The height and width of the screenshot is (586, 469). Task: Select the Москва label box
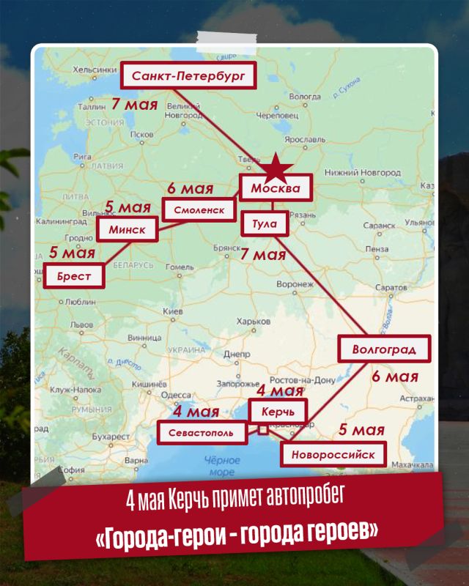point(276,188)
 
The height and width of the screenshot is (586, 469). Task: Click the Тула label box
point(265,223)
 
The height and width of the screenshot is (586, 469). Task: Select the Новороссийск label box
point(333,454)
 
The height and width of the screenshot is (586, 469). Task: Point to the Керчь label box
point(278,411)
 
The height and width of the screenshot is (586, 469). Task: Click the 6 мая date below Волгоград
point(394,377)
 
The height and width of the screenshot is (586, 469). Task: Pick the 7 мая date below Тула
point(263,254)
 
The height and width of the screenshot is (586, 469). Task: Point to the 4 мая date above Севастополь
point(196,412)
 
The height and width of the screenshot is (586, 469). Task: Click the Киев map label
point(171,313)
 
